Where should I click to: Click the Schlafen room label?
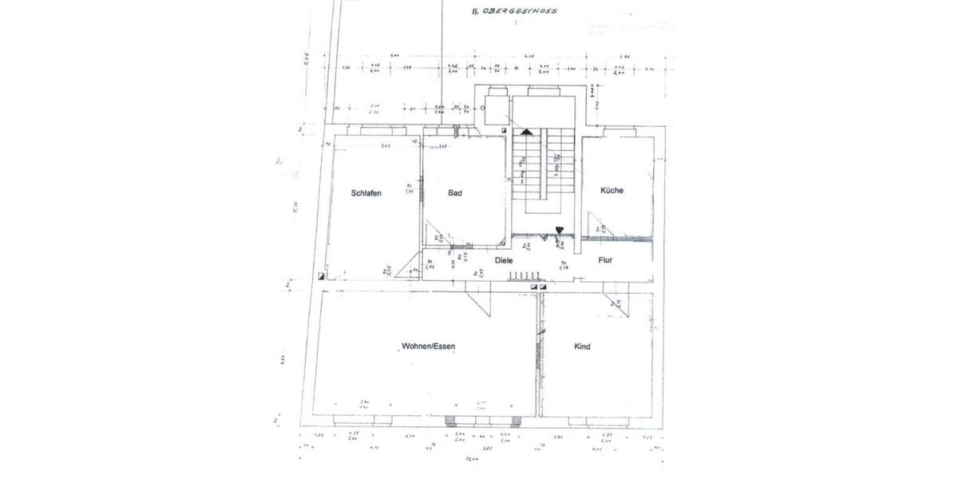(x=366, y=192)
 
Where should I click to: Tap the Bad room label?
(x=455, y=192)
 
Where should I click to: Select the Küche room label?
(x=613, y=190)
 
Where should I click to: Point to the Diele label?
(x=504, y=260)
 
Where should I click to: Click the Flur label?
(x=605, y=260)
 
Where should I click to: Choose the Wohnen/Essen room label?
(x=428, y=346)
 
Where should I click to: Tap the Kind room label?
(x=582, y=346)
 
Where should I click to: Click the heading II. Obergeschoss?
(x=513, y=12)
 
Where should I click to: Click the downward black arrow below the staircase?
(x=559, y=231)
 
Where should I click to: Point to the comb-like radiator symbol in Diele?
(x=524, y=276)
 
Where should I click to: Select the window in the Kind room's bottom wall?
(x=596, y=419)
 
